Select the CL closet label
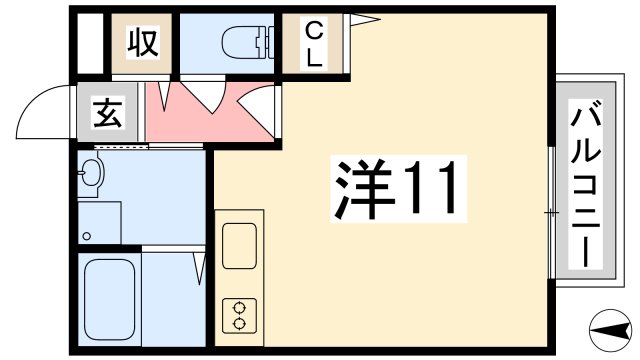click(313, 43)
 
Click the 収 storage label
click(141, 44)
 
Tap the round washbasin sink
click(91, 174)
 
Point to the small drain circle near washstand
click(87, 237)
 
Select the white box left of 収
click(91, 44)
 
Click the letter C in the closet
click(313, 29)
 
